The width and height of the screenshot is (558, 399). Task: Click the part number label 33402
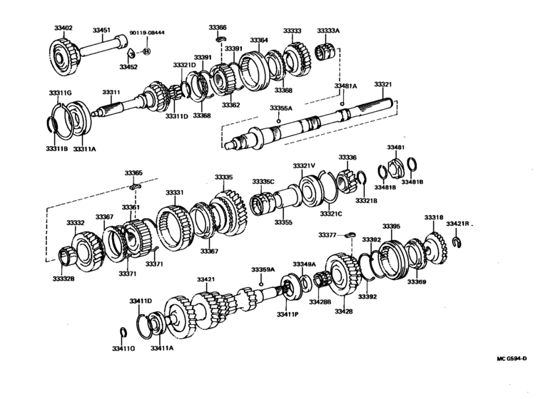point(64,28)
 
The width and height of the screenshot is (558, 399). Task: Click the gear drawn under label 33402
point(68,53)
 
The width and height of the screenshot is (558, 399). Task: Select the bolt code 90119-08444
point(147,33)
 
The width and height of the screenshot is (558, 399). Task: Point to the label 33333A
point(328,31)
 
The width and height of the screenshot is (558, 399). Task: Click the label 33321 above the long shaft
point(382,84)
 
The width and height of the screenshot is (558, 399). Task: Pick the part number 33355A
point(280,108)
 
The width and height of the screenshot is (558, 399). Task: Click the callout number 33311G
point(60,93)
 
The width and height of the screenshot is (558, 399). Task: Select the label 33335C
point(263,182)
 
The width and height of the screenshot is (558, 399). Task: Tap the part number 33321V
point(303,165)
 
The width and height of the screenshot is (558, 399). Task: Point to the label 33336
point(347,157)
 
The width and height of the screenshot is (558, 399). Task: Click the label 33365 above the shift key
point(133,172)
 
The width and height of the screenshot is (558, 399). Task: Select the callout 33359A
point(263,270)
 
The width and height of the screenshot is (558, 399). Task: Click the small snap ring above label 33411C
point(122,333)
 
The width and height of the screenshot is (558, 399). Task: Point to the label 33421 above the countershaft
point(206,279)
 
